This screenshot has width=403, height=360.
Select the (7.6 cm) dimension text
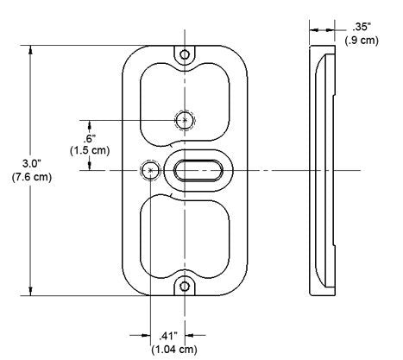(19, 179)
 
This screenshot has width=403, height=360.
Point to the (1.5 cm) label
(88, 151)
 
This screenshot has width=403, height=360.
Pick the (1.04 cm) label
(167, 350)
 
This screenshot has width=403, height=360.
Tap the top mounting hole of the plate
(185, 54)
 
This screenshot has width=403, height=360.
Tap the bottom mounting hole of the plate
(185, 286)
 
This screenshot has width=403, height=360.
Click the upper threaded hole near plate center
(185, 119)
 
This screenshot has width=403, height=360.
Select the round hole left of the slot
(151, 170)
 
